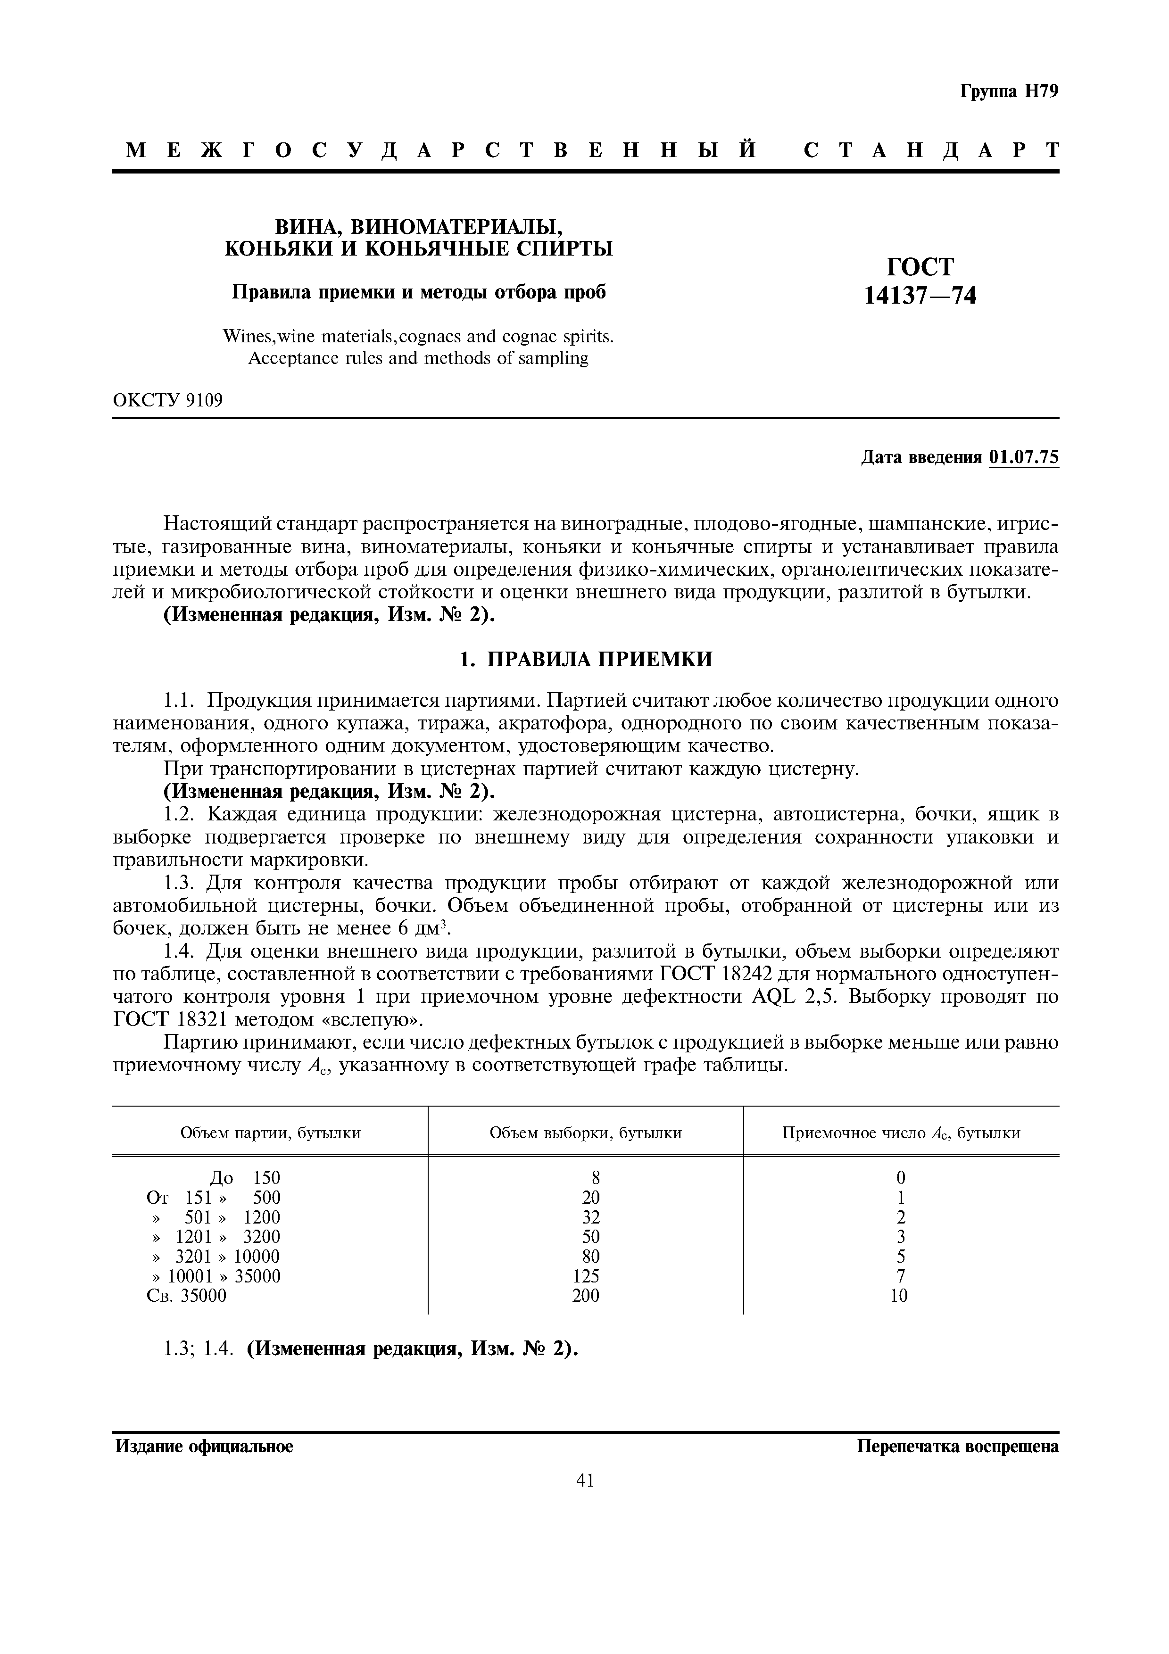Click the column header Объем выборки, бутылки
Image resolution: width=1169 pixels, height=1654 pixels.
click(x=586, y=1133)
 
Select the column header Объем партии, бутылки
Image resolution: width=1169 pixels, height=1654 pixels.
click(x=270, y=1133)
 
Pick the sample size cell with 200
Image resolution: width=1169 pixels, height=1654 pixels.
click(x=586, y=1295)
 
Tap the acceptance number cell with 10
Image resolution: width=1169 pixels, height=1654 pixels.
click(x=900, y=1295)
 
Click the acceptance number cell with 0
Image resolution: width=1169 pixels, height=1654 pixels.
click(x=900, y=1178)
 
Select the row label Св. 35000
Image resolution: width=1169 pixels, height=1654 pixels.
click(x=187, y=1295)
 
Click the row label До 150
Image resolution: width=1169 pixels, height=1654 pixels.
click(x=245, y=1178)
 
